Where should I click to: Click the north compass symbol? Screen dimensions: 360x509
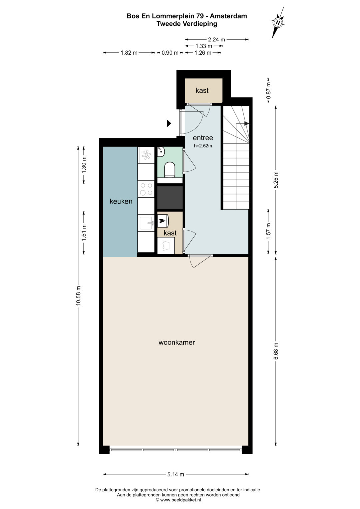[x=278, y=23]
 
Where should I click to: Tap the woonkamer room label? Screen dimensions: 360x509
[x=177, y=342]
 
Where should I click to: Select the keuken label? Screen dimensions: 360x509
[x=121, y=201]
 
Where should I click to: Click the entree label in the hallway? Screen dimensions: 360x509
[x=203, y=138]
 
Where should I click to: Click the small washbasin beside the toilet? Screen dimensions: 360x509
[x=161, y=152]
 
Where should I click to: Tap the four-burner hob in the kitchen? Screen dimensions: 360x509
[x=146, y=189]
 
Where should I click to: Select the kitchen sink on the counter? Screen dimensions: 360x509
[x=146, y=223]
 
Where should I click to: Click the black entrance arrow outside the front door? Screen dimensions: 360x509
[x=169, y=123]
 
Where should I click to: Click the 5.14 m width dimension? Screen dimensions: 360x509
[x=175, y=474]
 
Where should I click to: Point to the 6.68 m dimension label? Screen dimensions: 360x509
[x=276, y=354]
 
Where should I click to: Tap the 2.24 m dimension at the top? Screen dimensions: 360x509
[x=217, y=40]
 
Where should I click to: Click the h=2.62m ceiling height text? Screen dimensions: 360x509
[x=203, y=146]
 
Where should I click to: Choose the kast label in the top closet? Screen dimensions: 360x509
[x=202, y=90]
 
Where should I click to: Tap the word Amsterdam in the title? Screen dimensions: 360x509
[x=228, y=16]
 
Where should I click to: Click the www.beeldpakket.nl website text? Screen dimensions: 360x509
[x=181, y=500]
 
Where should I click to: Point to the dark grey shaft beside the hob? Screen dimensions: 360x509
[x=170, y=197]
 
